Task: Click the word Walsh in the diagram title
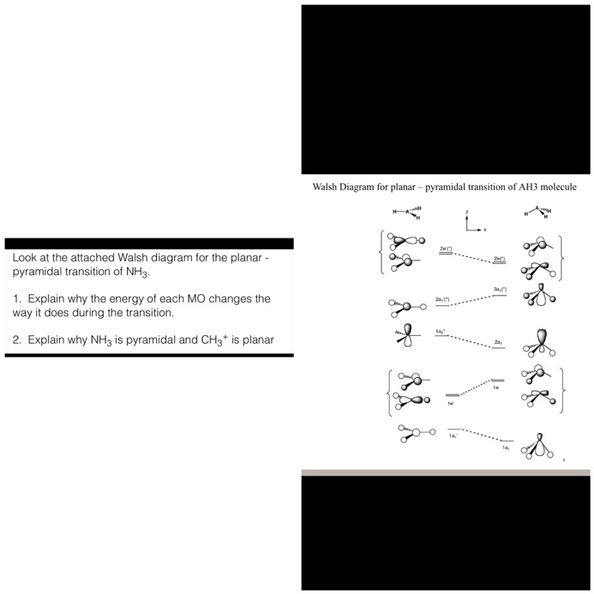[x=326, y=187]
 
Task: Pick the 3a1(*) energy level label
[x=500, y=289]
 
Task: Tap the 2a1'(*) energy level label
[x=442, y=299]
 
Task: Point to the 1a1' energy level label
[x=452, y=435]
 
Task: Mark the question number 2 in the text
[x=16, y=340]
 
